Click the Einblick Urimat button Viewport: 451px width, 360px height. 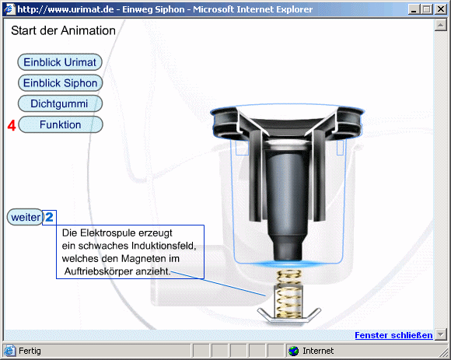click(60, 62)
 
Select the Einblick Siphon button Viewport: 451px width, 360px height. click(60, 83)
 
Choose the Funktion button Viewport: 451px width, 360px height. click(61, 124)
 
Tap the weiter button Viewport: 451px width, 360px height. click(26, 217)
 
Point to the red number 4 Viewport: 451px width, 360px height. click(12, 125)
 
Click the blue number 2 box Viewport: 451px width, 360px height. click(49, 218)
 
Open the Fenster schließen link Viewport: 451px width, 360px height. click(393, 335)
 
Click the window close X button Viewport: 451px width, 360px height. click(441, 9)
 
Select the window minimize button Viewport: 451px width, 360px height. click(414, 9)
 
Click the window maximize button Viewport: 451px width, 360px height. click(427, 9)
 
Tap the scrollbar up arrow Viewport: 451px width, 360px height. click(440, 25)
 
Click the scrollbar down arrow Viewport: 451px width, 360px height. click(440, 334)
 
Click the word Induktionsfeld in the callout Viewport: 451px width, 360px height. click(163, 246)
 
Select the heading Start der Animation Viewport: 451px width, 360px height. click(63, 30)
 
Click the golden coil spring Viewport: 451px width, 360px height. click(288, 294)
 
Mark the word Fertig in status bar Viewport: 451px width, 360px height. click(30, 351)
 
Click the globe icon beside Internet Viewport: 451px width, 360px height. click(293, 351)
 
